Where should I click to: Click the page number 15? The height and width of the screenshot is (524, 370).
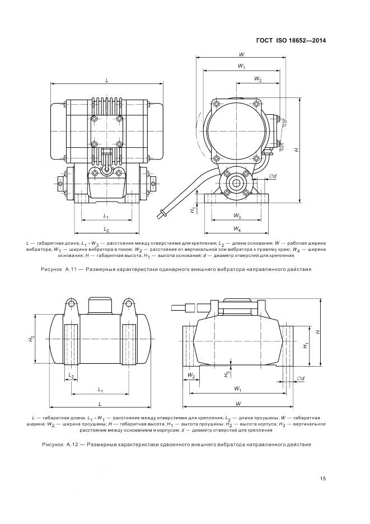click(x=323, y=478)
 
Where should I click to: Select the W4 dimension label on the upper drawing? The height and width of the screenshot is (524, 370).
click(x=237, y=229)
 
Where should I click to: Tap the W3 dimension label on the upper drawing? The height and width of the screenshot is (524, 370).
click(x=237, y=216)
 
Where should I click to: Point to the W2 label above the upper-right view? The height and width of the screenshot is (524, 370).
click(x=257, y=79)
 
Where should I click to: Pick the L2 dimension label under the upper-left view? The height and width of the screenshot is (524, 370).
click(x=106, y=230)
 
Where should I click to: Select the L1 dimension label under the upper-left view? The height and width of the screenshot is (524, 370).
click(x=106, y=216)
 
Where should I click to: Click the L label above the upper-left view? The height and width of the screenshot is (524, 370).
click(x=106, y=81)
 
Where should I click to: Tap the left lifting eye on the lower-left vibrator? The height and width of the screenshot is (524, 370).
click(x=71, y=304)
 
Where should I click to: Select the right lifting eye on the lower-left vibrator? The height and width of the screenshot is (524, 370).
click(x=129, y=304)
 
